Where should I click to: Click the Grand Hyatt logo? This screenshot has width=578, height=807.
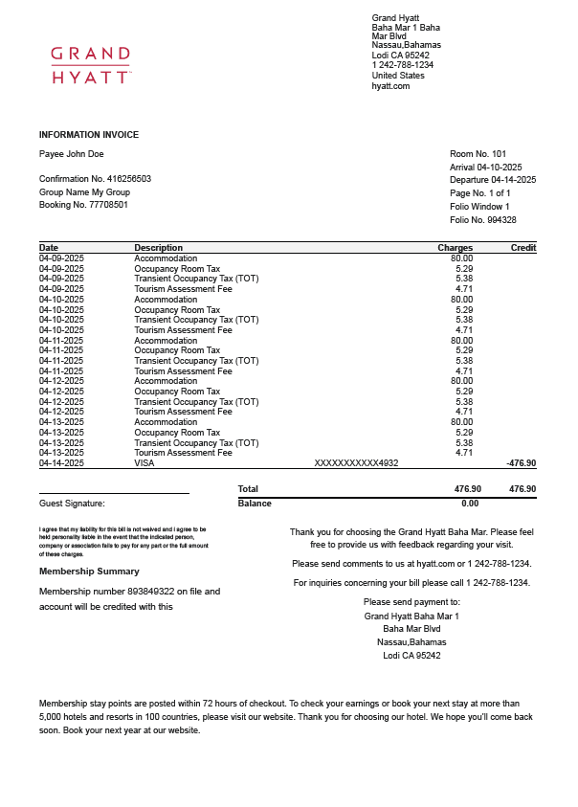coord(91,65)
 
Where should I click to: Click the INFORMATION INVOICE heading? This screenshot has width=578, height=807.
coord(89,135)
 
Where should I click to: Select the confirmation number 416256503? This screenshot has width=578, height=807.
coord(129,179)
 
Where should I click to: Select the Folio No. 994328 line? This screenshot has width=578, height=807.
coord(482,220)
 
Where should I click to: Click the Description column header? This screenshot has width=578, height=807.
coord(158,248)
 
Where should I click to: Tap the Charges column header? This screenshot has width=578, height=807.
coord(455,248)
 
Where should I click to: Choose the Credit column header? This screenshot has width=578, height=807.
coord(523,248)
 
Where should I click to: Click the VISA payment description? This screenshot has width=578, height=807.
coord(144,463)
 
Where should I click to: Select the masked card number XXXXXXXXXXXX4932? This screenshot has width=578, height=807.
coord(356,463)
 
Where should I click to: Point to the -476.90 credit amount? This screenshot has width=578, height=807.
coord(521,463)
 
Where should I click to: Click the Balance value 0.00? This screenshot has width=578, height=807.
coord(470,504)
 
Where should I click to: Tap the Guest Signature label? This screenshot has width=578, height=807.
coord(72,504)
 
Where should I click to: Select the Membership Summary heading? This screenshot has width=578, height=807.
coord(88,572)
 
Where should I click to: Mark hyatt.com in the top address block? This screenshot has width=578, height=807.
coord(390,86)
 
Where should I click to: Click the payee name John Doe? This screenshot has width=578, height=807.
coord(83,154)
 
